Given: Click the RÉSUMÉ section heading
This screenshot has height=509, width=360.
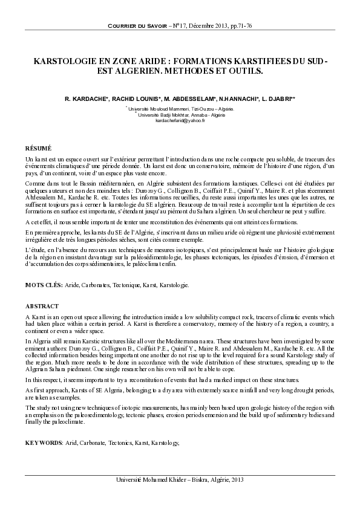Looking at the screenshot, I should [38, 148].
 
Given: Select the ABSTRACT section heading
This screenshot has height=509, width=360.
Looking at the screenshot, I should [42, 306].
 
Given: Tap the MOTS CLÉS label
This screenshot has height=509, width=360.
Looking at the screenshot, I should [42, 284].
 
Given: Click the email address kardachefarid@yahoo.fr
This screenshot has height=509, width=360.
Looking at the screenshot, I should [180, 120].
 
